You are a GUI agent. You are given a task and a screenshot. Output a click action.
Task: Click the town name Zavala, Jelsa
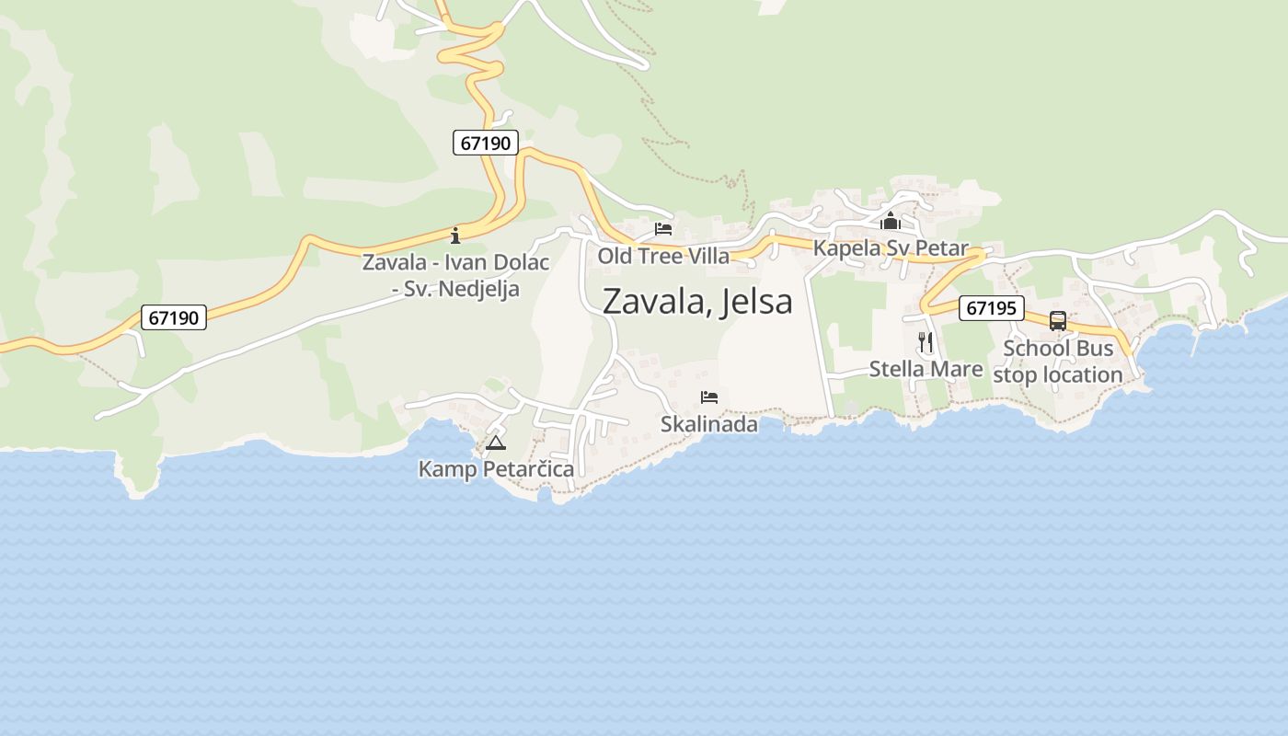coord(696,302)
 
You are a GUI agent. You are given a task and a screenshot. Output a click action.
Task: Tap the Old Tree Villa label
coord(663,256)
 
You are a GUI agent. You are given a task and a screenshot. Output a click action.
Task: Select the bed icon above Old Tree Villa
coord(663,229)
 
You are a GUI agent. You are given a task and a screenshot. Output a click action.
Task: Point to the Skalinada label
coord(709,424)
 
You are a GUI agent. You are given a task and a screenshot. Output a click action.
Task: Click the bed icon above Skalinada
coord(709,397)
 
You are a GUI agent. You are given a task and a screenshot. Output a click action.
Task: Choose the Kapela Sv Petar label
coord(891,248)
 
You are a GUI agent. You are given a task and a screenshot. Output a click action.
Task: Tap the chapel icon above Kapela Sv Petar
coord(891,221)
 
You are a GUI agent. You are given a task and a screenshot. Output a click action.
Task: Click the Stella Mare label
coord(926,369)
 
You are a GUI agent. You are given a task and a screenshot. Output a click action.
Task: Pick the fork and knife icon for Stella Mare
coord(926,342)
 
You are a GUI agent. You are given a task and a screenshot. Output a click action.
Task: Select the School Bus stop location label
coord(1058,362)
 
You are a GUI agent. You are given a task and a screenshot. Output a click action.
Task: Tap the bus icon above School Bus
coord(1058,321)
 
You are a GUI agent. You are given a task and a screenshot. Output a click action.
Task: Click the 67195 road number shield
coord(992,308)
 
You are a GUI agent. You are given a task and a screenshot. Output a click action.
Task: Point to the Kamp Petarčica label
coord(496,469)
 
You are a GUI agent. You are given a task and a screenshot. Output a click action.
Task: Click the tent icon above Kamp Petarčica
coord(496,443)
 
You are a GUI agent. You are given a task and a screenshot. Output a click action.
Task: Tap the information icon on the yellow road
coord(455,236)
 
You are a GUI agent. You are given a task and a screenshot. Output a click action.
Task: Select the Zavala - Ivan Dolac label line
coord(455,262)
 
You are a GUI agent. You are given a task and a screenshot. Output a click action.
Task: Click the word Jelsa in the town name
coord(758,302)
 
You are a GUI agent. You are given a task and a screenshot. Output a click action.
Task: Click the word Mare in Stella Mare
coord(958,369)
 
